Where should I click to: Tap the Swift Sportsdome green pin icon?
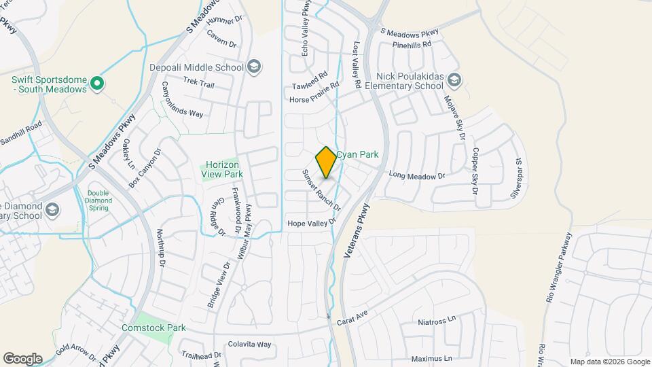coord(97,84)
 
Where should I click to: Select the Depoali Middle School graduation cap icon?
coord(253,67)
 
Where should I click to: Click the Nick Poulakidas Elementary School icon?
coord(454,82)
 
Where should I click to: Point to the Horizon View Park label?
coord(223,169)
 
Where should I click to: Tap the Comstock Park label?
coord(153,328)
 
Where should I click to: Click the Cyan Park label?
coord(357,155)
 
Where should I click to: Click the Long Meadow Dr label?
coord(417,176)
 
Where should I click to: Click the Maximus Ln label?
coord(431,358)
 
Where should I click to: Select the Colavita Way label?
coord(249,345)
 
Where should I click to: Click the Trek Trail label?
coord(198,83)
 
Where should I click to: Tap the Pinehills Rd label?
coord(412,44)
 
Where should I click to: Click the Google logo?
coord(22,358)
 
